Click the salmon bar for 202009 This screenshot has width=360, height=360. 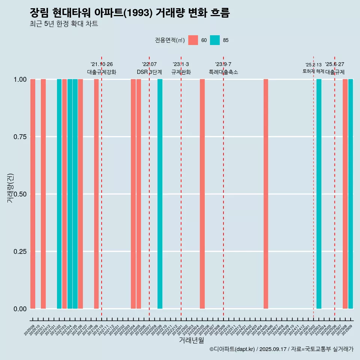[33, 194]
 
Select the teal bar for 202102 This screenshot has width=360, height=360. [59, 194]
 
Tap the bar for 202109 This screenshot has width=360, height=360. [96, 194]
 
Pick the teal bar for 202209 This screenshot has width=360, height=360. [160, 194]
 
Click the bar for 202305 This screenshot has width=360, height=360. [202, 194]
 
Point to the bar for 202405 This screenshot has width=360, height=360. [266, 194]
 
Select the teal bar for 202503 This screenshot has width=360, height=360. [319, 194]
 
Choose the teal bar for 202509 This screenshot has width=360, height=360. [351, 194]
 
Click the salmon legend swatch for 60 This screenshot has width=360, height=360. [193, 40]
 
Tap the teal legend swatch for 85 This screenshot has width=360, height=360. [215, 40]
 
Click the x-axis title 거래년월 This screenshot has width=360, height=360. [191, 340]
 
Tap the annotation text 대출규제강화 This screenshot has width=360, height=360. [102, 72]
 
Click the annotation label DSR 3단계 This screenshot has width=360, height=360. [149, 72]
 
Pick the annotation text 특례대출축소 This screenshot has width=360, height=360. [223, 72]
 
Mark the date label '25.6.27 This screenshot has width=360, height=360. [334, 64]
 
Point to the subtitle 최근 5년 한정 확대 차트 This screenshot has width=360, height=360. [64, 24]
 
